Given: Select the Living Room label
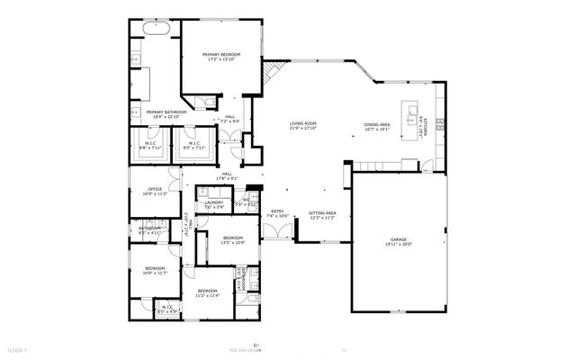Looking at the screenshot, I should (302, 126).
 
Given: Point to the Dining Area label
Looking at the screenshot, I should (377, 126).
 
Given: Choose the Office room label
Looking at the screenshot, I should (156, 191).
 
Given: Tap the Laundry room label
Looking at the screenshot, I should (214, 204).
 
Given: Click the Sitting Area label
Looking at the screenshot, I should (322, 215).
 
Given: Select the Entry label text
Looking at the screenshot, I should (277, 213).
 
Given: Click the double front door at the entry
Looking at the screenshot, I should (283, 231).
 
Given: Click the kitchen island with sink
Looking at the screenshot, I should (414, 114).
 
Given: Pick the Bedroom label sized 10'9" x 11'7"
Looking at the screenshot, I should (156, 270).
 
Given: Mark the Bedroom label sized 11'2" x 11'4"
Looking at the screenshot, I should (208, 292).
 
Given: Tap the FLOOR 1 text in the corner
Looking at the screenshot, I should (18, 349).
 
